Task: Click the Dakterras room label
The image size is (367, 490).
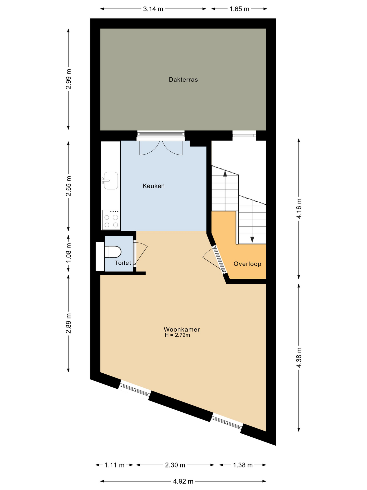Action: coord(183,80)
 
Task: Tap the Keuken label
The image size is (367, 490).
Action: coord(154,186)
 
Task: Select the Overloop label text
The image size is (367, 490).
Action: coord(247,264)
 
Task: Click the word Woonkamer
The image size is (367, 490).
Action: coord(182,329)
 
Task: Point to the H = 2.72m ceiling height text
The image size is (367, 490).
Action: coord(177,335)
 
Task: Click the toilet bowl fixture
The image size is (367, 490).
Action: coord(113,252)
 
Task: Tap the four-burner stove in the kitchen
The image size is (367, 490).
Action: coord(111,220)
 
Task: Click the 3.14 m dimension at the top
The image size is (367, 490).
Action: coord(153,9)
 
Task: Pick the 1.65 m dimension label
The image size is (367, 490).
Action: coord(239,9)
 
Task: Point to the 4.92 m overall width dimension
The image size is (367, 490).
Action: coord(183,482)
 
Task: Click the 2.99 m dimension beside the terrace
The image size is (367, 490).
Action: coord(68,79)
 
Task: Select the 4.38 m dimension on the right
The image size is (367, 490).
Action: coord(299,357)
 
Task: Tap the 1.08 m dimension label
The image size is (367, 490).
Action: coord(68,253)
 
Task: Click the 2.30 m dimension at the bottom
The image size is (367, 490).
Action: coord(175,465)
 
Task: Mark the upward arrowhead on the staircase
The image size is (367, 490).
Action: coord(225,174)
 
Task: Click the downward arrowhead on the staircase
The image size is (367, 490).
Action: coord(252,240)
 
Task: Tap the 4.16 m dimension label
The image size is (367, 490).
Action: coord(299,209)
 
